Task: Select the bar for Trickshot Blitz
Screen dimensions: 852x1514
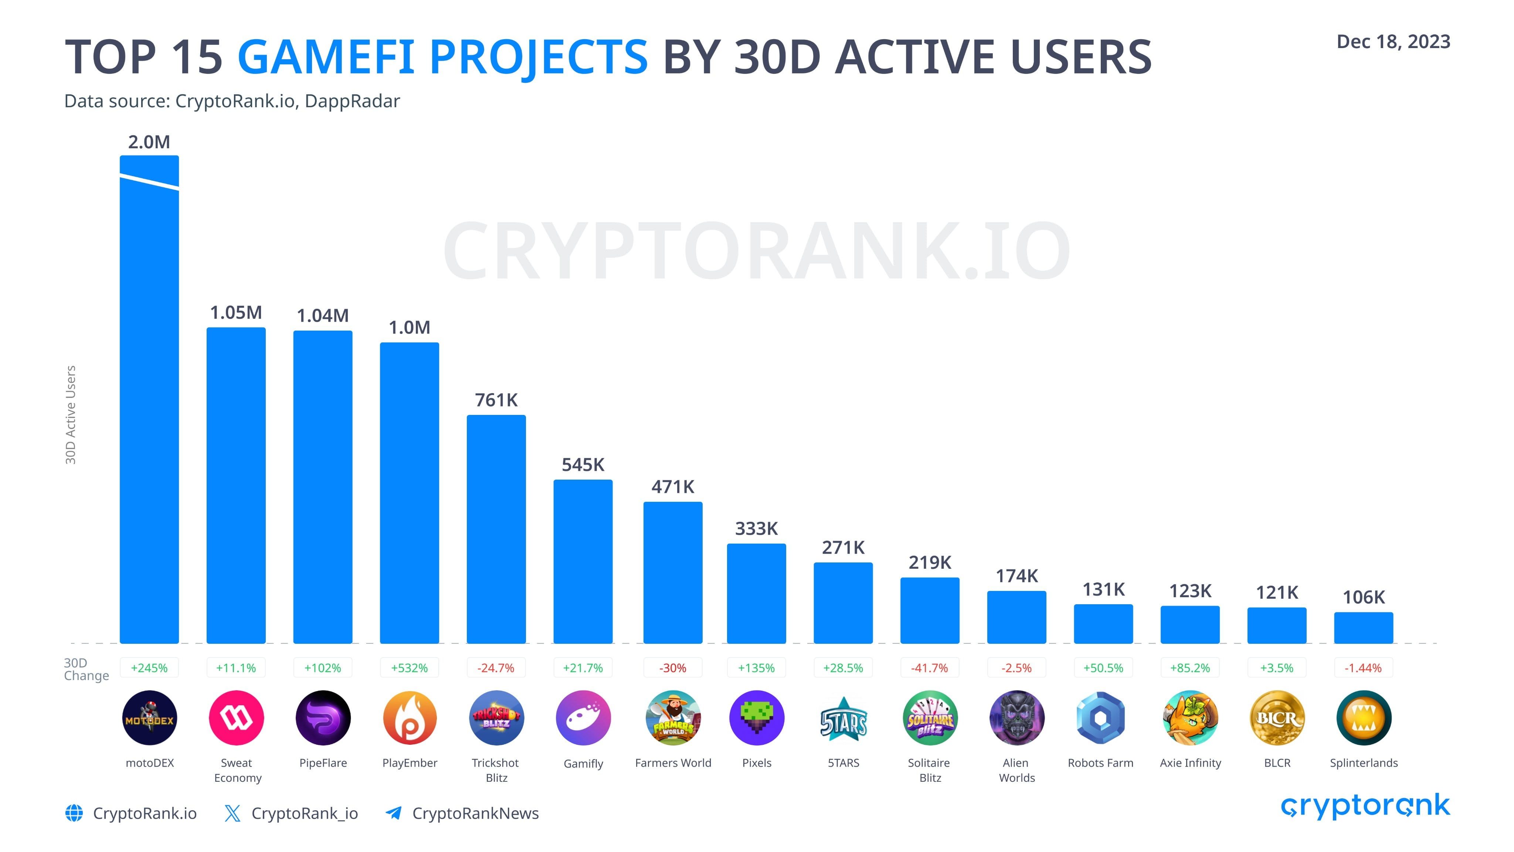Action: pos(496,529)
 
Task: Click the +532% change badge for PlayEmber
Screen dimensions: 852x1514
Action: pos(409,668)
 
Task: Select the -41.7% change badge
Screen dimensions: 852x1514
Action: pos(929,668)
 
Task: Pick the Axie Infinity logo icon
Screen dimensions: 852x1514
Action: pos(1190,718)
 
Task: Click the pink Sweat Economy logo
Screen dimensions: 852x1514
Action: pos(236,718)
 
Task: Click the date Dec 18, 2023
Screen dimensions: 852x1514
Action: pos(1393,42)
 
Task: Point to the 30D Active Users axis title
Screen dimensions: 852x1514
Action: pos(71,415)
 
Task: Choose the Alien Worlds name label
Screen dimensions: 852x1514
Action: pos(1016,770)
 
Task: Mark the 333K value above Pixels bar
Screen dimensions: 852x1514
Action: pos(756,528)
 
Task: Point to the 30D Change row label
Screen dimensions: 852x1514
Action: pos(86,669)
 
